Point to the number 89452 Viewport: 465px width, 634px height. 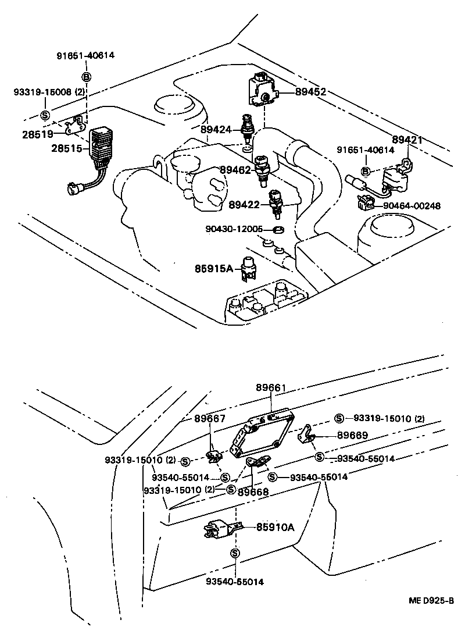(x=310, y=92)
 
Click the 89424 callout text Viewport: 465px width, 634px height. (x=216, y=129)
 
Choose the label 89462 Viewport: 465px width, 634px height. (x=235, y=170)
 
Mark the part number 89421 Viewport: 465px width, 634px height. (x=407, y=140)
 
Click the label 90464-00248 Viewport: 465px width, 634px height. (x=411, y=205)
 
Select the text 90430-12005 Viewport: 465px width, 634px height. (x=234, y=229)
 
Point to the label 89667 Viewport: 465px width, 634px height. (x=210, y=418)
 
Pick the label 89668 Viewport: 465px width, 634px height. (x=253, y=491)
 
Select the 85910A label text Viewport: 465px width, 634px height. (x=276, y=528)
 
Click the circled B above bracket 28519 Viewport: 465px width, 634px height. (x=86, y=77)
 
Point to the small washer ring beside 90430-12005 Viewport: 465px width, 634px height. (x=278, y=229)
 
